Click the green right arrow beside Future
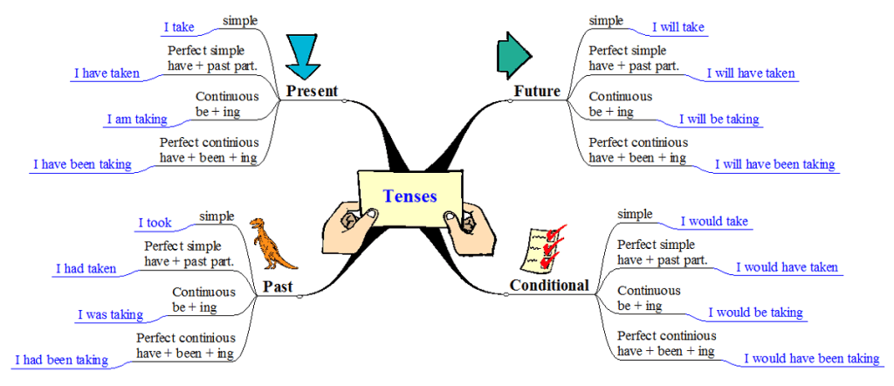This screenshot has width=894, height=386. (512, 56)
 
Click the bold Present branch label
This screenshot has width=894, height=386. (312, 91)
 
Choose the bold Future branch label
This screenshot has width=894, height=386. (537, 91)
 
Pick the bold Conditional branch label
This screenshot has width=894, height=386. (549, 285)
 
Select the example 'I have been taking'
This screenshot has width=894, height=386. (82, 164)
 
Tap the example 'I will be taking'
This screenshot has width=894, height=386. (719, 119)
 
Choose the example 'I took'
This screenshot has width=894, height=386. (155, 223)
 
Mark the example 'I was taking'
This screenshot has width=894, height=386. (110, 314)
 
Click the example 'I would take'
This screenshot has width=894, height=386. (714, 221)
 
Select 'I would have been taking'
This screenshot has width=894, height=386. (811, 358)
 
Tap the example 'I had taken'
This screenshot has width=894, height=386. (86, 269)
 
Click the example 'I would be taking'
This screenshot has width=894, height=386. (755, 313)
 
